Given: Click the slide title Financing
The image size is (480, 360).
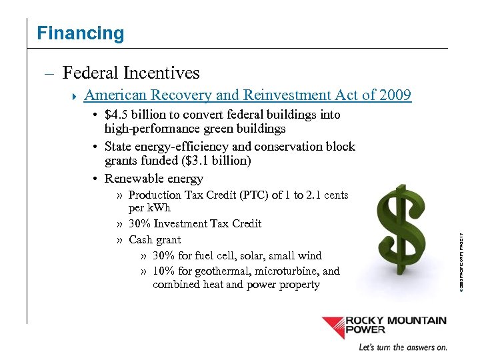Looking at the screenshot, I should pos(81,33).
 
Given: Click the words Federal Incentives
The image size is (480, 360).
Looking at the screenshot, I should pos(131,72).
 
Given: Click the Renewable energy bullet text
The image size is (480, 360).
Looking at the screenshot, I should pos(153,179).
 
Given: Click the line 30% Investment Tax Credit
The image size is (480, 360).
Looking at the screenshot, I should pos(195,223).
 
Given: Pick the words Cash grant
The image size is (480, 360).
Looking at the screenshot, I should pos(155,239).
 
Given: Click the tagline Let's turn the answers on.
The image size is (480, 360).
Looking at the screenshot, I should pos(403,347).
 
